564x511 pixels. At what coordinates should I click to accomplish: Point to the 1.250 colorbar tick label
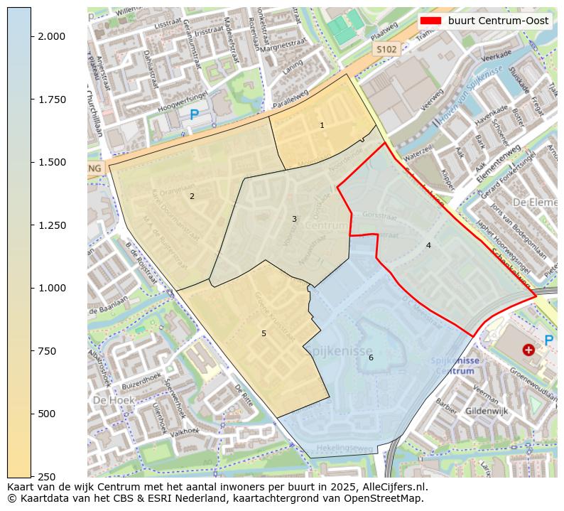coord(53,225)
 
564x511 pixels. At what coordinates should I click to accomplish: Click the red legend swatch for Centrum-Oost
coord(430,21)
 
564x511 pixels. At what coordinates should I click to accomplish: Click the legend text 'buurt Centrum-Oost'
coord(498,21)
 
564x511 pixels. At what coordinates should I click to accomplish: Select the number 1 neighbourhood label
coord(322,126)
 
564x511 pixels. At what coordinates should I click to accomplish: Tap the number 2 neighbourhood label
coord(192,196)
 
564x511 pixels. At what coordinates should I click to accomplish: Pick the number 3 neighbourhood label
coord(294,219)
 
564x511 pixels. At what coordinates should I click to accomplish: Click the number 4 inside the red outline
coord(428,246)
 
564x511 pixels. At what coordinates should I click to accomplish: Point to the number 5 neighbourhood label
coord(264,333)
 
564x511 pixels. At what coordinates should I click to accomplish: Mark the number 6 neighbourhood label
coord(371,357)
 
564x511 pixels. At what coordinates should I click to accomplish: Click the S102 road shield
coord(387,49)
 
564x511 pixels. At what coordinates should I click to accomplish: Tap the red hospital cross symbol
coord(528,350)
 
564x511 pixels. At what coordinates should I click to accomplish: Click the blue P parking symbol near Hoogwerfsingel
coord(194,115)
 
